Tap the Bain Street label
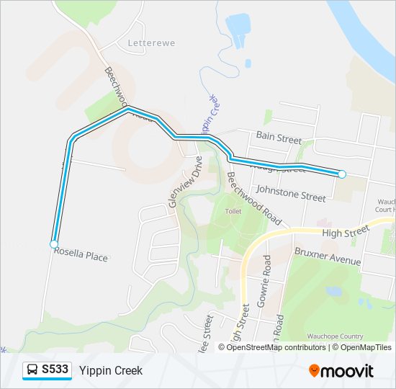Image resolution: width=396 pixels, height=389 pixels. coord(279,137)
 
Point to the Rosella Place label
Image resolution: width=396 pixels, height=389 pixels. coord(81,254)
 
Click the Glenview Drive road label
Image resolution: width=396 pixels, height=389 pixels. coord(183,184)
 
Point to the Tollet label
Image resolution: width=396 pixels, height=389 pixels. coord(233,212)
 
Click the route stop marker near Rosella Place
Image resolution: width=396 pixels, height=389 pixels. coord(54,245)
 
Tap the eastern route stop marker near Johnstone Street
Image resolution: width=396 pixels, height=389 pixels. coord(342,174)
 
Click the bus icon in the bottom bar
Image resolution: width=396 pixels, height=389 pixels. coord(32,370)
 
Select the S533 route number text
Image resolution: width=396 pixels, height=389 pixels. coord(55,370)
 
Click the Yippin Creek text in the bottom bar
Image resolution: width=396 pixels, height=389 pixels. coord(111,370)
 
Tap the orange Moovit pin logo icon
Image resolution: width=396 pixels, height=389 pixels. coord(315,371)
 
